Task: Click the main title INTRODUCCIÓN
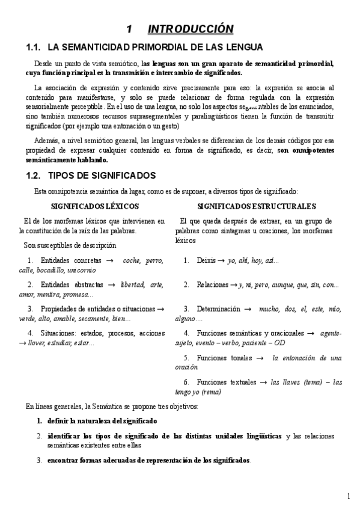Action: [190, 29]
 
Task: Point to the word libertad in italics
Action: [134, 284]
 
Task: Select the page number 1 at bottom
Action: [349, 497]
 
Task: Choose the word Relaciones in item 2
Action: [212, 284]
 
